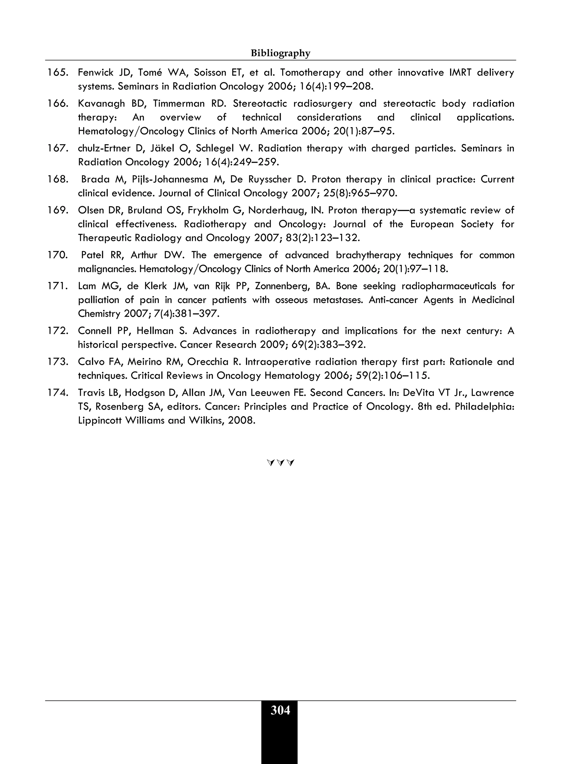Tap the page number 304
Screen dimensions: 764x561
coord(280,710)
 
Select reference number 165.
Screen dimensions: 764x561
coord(58,72)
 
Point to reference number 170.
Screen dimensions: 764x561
coord(58,255)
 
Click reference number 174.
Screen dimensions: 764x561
coord(58,393)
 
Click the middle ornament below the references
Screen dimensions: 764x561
coord(280,463)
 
